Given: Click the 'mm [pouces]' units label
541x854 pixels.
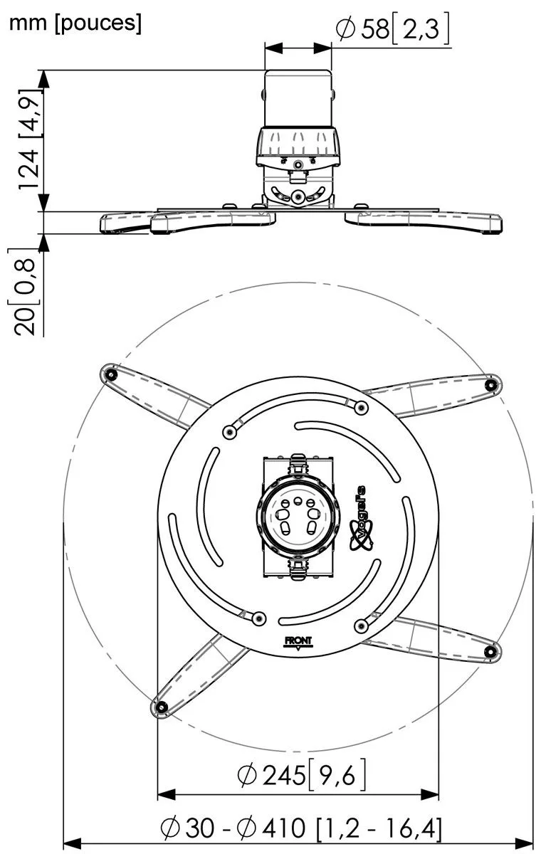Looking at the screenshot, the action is tap(75, 23).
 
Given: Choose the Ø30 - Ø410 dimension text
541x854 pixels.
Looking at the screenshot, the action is tap(301, 827).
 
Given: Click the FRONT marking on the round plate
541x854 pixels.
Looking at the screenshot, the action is tap(298, 641).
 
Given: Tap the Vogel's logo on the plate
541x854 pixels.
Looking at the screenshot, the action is tap(361, 519).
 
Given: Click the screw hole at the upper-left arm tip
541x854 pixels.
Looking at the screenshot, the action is tap(110, 375).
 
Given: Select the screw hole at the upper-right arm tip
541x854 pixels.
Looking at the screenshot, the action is tap(491, 385).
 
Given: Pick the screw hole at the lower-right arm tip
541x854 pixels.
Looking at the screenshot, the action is tap(490, 652).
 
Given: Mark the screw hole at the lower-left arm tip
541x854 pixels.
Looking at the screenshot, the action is tap(162, 707).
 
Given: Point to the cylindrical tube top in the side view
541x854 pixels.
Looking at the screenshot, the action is tap(298, 98).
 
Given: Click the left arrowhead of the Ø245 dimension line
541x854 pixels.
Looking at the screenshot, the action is tap(167, 794).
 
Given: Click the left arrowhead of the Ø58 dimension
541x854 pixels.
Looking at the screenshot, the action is tap(274, 48).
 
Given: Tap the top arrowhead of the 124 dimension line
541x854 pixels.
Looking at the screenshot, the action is tap(44, 79).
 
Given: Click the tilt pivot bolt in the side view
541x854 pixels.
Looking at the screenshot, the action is tap(297, 196).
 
